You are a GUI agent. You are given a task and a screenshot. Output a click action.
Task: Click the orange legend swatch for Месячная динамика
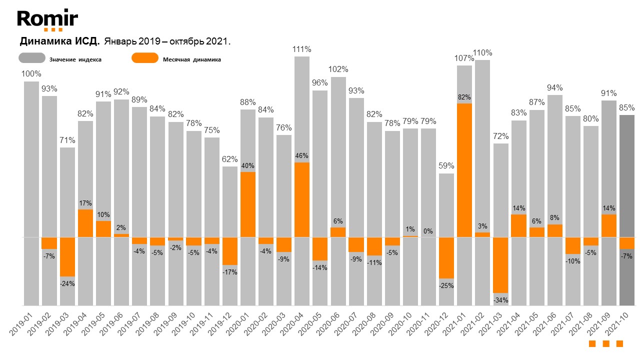tap(144, 58)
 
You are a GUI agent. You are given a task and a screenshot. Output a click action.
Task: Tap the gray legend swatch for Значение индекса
tap(32, 58)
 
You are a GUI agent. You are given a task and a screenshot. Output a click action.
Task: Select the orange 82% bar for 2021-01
tap(464, 170)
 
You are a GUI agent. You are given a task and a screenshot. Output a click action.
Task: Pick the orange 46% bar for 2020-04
tap(302, 199)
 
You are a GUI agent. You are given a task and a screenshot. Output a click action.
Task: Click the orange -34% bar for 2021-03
tap(500, 265)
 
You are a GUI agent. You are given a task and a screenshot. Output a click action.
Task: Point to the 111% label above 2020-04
tap(302, 49)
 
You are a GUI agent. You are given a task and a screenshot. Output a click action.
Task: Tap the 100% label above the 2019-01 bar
tap(31, 74)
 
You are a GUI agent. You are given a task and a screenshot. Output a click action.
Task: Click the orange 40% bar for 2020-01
tap(248, 204)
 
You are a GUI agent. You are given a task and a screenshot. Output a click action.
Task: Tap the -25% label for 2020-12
tap(446, 286)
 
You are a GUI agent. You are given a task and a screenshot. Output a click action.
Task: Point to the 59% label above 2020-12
tap(446, 166)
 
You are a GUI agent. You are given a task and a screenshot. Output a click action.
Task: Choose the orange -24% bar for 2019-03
tap(67, 256)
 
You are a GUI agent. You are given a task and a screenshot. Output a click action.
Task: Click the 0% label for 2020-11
tap(428, 231)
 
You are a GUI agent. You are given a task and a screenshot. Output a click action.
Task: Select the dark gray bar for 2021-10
tap(627, 175)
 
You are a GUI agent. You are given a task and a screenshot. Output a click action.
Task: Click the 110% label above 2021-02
tap(482, 53)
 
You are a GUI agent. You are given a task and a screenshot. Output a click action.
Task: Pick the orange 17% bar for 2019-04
tap(85, 223)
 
